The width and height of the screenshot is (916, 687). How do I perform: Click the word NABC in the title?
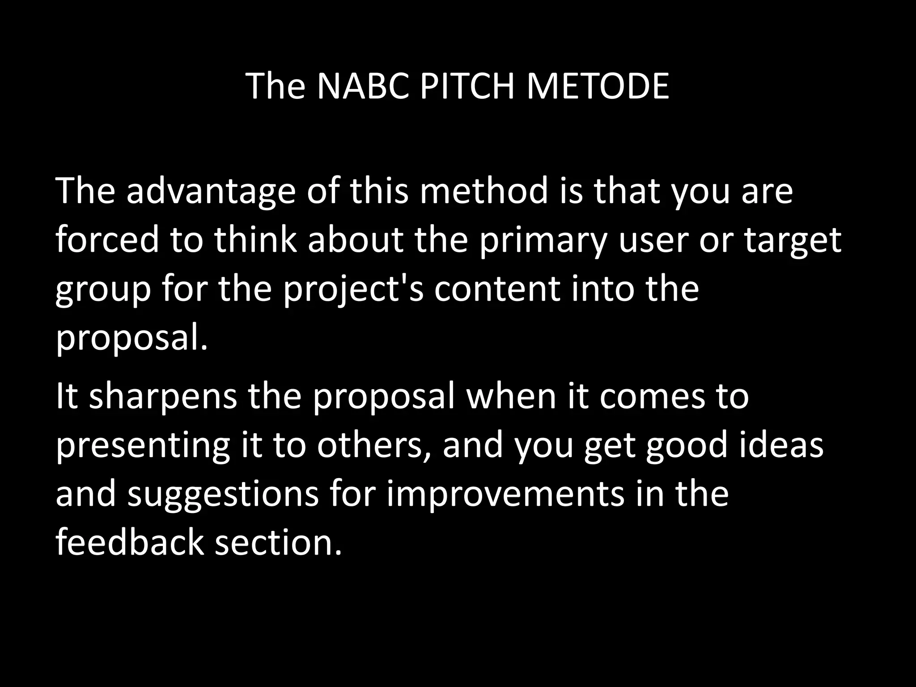pos(362,86)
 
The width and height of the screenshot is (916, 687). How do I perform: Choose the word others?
pos(370,445)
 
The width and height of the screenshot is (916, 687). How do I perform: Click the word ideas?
pos(781,445)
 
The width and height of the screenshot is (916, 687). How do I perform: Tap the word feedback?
pos(130,543)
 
